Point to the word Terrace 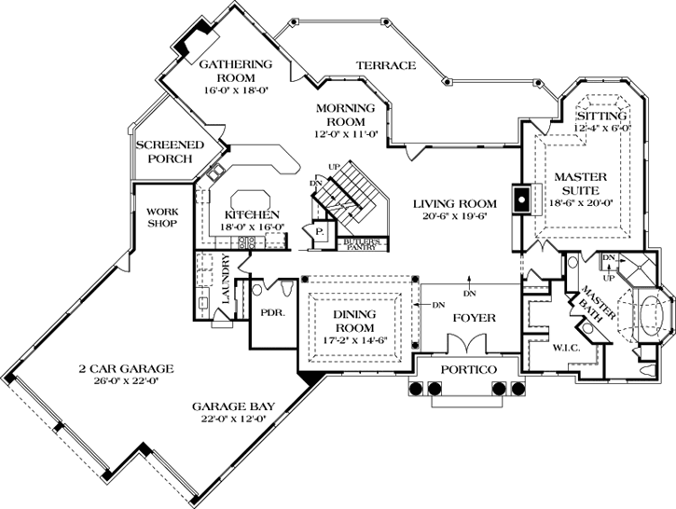point(385,65)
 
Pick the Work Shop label point(162,216)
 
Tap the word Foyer point(474,318)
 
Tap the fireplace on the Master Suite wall point(521,199)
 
